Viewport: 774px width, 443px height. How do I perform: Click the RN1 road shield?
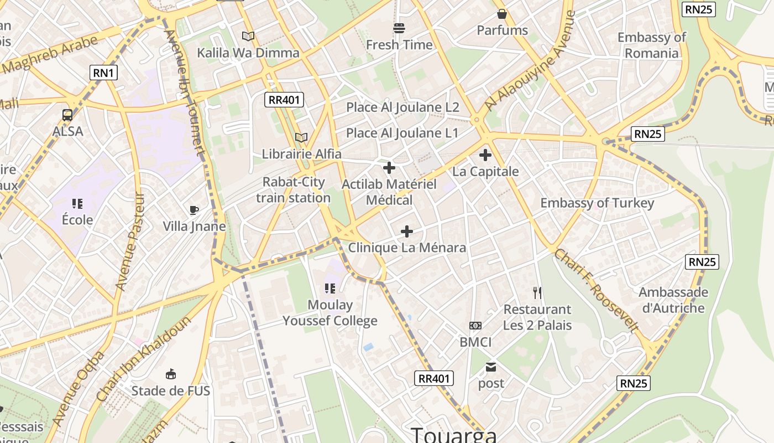pos(103,72)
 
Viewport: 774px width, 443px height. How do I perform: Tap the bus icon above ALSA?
pos(67,115)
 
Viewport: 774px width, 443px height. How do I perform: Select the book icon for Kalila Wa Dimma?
pos(248,36)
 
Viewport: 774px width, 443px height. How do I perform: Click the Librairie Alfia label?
pos(301,153)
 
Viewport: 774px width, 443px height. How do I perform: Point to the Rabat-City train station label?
pos(293,190)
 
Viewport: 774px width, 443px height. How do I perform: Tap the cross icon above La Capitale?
pos(485,155)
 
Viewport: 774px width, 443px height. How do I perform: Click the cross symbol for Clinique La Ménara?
pos(407,231)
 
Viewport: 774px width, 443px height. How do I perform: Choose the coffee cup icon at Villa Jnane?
pos(194,210)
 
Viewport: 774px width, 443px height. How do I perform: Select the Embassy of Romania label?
pos(651,45)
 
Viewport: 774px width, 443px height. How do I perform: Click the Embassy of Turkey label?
pos(597,203)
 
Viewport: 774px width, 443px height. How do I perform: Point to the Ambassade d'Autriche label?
pos(673,300)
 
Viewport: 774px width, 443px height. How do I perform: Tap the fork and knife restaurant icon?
pos(537,292)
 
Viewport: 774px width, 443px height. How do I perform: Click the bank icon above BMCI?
pos(475,326)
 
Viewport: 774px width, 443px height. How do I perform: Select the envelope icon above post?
pos(491,367)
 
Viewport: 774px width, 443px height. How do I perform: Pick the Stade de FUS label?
pos(170,391)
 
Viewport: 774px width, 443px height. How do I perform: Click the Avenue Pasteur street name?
pos(129,241)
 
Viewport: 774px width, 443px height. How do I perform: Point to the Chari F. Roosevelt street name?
pos(596,290)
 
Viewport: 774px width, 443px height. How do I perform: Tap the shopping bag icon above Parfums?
pos(502,14)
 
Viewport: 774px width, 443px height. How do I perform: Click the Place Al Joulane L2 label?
pos(402,107)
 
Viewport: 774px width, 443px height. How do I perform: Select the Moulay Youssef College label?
pos(330,312)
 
